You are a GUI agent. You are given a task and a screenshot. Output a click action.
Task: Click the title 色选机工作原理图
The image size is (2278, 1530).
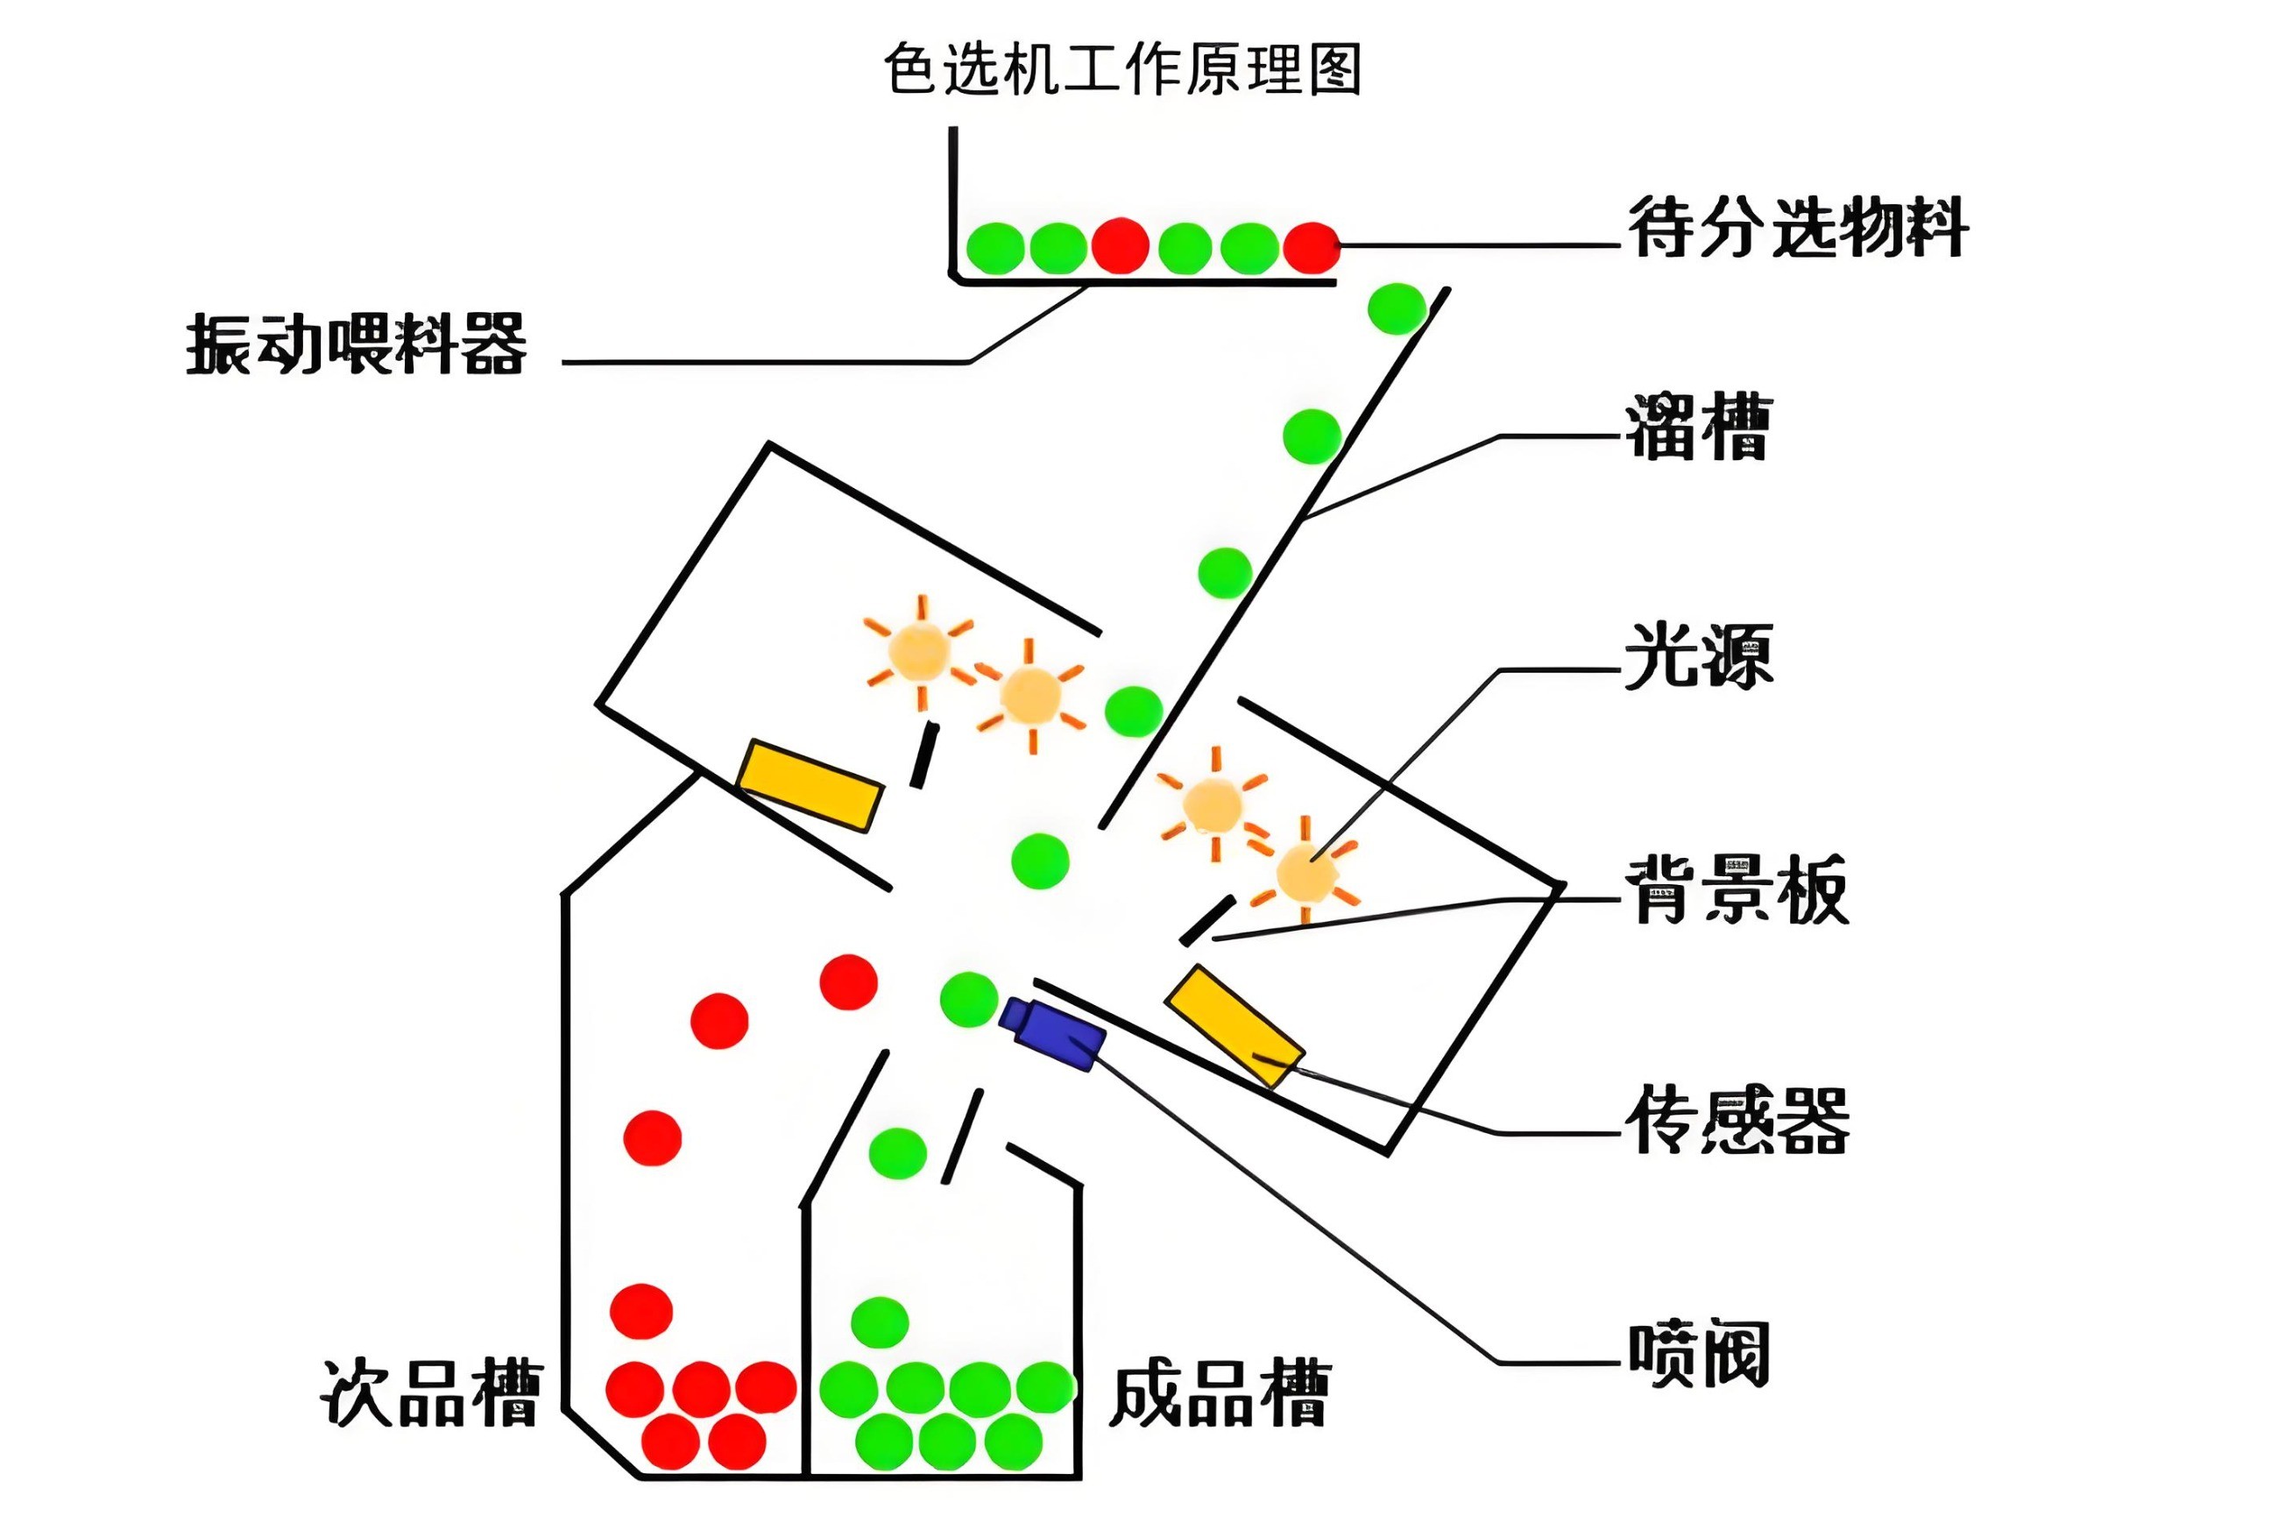[x=1122, y=70]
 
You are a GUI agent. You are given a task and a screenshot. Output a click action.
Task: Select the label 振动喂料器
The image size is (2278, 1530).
[x=356, y=344]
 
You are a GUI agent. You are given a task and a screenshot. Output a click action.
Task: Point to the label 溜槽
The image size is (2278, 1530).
[x=1697, y=428]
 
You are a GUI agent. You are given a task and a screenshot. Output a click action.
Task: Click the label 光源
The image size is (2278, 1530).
[x=1697, y=655]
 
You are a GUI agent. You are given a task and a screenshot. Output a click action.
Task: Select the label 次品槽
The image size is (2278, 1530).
[x=430, y=1393]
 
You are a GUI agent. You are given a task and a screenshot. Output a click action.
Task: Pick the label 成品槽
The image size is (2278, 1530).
[x=1220, y=1393]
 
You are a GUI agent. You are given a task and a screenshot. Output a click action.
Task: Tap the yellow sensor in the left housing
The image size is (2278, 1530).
[x=810, y=786]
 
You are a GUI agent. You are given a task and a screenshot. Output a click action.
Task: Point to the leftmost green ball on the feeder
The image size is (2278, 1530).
[x=995, y=248]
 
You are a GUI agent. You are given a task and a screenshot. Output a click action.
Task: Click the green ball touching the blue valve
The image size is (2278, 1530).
[x=969, y=999]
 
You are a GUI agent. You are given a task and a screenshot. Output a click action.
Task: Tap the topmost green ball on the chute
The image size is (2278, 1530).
[x=1396, y=308]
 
